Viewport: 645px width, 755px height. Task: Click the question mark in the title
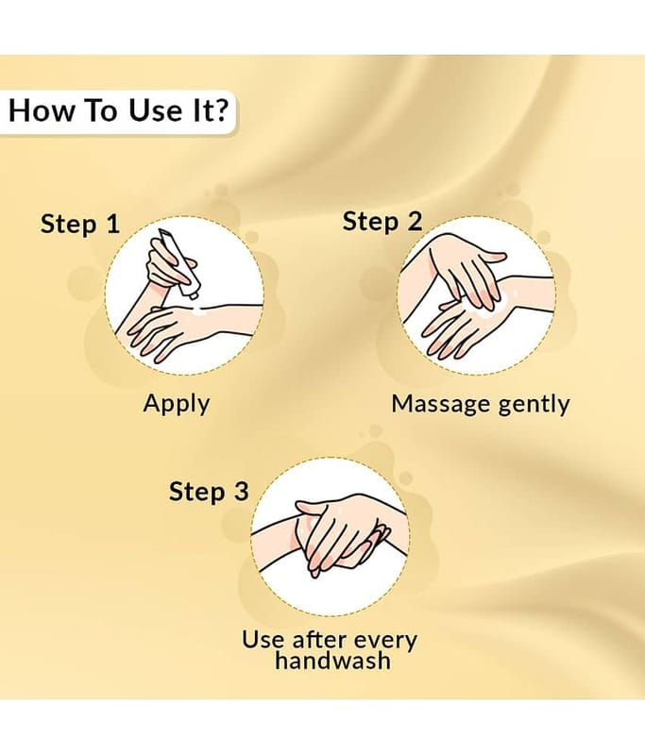click(x=219, y=109)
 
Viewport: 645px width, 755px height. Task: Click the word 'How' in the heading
click(x=41, y=110)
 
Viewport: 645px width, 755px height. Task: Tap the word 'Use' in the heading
click(x=155, y=110)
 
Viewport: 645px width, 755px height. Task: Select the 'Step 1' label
click(x=80, y=225)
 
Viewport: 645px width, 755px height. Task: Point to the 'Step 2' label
click(x=382, y=222)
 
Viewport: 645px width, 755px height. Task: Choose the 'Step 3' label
click(x=209, y=491)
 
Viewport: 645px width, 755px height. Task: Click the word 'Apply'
click(x=177, y=404)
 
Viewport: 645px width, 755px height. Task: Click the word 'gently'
click(x=534, y=404)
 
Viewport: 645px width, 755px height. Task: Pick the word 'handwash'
click(x=332, y=660)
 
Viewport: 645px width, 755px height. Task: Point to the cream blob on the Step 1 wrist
click(x=200, y=311)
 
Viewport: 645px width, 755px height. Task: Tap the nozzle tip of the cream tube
click(x=195, y=295)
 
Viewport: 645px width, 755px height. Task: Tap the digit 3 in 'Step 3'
click(x=242, y=491)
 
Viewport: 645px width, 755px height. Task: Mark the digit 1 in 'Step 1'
click(x=113, y=225)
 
